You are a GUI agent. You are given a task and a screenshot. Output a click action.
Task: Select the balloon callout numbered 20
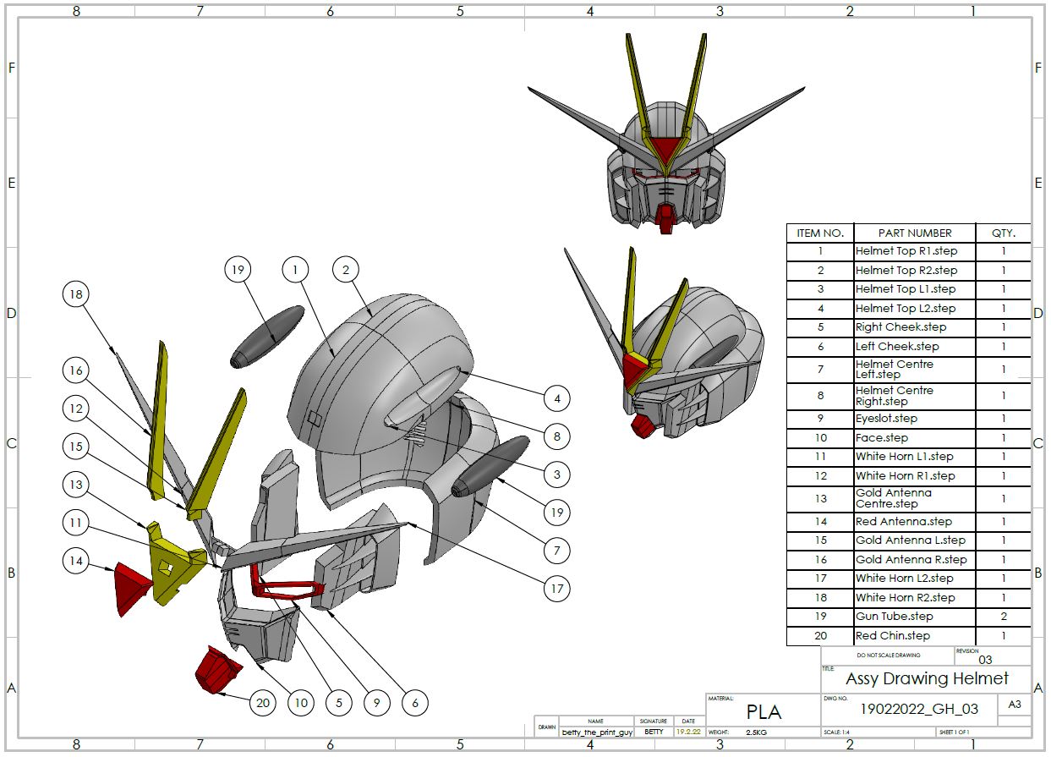[x=263, y=702]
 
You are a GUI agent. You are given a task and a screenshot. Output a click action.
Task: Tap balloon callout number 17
[x=556, y=590]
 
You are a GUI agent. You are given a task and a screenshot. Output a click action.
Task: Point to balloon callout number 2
[x=345, y=270]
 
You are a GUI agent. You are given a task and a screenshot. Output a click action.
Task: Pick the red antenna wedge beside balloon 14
[x=133, y=585]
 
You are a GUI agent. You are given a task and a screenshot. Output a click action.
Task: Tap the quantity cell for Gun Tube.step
[x=1004, y=617]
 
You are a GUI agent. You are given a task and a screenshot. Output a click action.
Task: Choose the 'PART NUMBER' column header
[x=914, y=233]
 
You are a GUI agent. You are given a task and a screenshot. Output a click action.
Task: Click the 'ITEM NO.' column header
[x=820, y=233]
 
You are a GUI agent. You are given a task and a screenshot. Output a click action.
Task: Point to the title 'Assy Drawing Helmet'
[x=927, y=678]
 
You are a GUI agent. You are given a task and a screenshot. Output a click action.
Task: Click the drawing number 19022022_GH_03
[x=919, y=709]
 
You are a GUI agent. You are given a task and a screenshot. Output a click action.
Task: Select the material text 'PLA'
[x=764, y=712]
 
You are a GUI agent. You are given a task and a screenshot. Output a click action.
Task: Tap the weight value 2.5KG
[x=758, y=732]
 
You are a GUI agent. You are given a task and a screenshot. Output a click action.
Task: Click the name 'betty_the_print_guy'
[x=597, y=732]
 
